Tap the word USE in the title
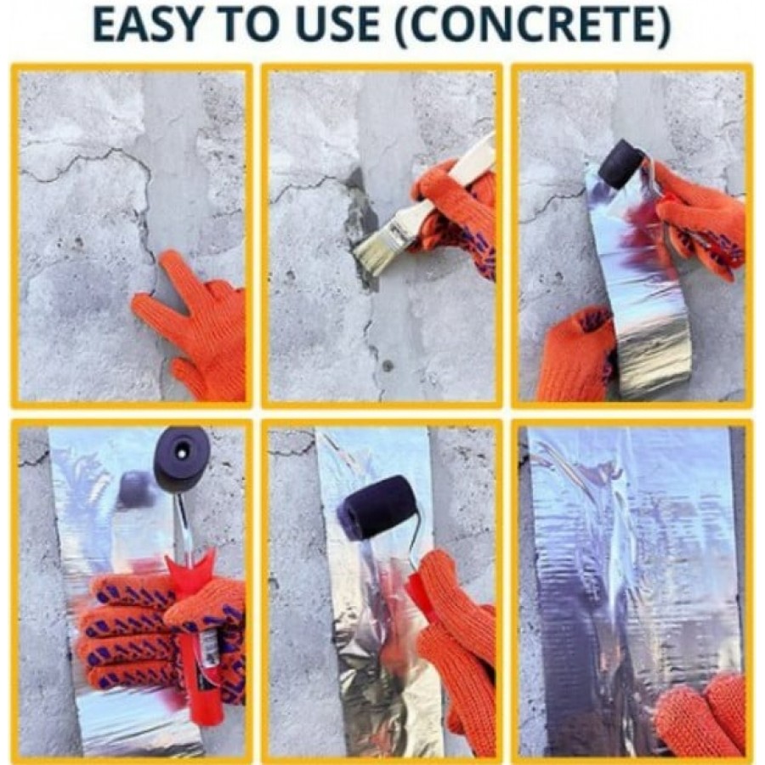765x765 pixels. (336, 25)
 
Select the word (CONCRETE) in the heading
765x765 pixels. (534, 25)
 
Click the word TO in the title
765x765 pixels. (253, 25)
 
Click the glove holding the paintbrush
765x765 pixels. (456, 215)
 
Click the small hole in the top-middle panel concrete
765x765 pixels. (388, 365)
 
